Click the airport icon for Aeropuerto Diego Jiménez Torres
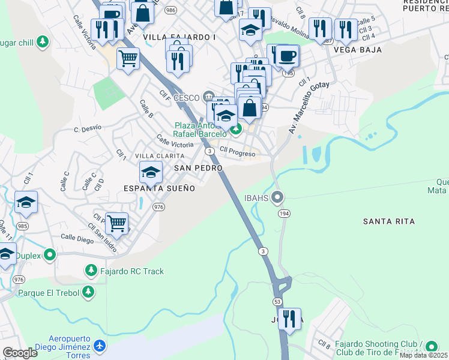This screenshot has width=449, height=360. point(100,346)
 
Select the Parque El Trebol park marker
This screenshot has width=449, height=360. point(88,292)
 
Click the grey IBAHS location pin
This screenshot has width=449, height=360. point(277,197)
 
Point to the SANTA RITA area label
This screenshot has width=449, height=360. point(388,221)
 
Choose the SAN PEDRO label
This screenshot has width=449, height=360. point(198,169)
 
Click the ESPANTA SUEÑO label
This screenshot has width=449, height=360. point(159,188)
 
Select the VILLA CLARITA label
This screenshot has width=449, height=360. point(159,156)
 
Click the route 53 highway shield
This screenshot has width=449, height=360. point(277,300)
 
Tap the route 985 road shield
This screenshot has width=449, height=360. point(22,226)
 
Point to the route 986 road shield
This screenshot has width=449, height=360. point(171,10)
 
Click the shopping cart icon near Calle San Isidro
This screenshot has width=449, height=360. point(116,223)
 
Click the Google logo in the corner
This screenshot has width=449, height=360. point(20,353)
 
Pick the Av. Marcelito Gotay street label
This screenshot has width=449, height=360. point(301,108)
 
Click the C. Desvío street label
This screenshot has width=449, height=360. point(88,128)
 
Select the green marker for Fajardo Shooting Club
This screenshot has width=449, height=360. point(430,347)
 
